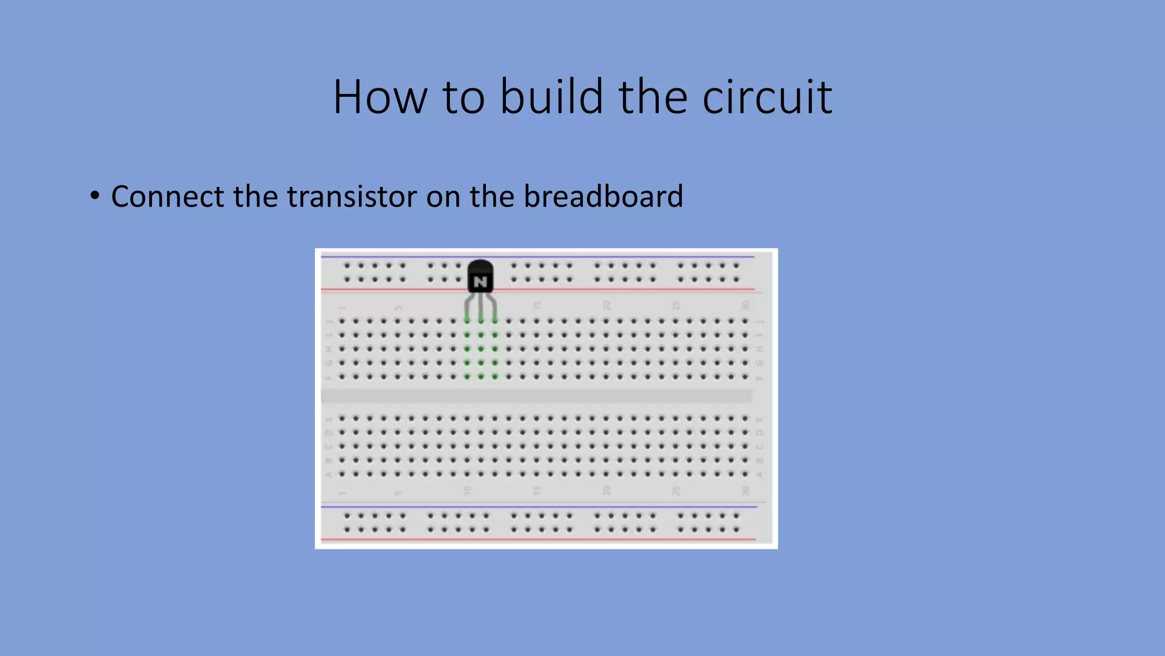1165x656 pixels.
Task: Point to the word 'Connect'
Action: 167,196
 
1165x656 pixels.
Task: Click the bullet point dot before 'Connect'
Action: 94,196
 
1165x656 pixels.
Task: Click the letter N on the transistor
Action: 481,282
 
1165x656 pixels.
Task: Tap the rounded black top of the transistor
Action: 481,266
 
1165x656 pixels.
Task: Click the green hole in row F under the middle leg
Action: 481,376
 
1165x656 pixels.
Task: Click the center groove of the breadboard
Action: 536,396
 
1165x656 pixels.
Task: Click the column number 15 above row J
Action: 536,306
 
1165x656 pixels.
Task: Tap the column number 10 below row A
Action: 467,490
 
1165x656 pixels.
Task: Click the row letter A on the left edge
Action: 328,474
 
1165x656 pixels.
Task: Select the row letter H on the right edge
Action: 759,349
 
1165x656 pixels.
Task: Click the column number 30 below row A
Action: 745,490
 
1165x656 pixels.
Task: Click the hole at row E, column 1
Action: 342,419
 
